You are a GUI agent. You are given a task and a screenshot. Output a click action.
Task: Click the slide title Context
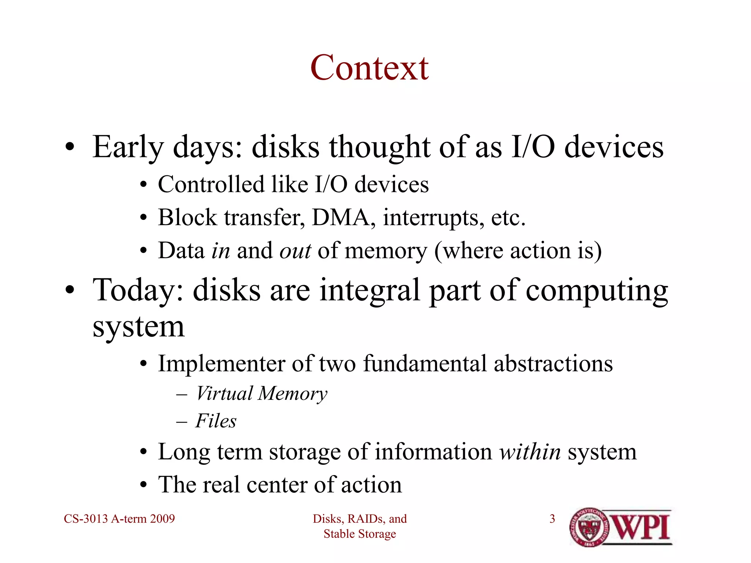pyautogui.click(x=369, y=68)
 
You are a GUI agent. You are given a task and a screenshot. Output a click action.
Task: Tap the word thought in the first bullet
pyautogui.click(x=379, y=147)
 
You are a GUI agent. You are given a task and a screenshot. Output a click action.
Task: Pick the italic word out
pyautogui.click(x=295, y=251)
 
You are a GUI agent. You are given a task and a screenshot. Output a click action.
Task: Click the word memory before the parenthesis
pyautogui.click(x=386, y=251)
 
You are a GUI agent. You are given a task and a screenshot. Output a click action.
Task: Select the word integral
pyautogui.click(x=370, y=290)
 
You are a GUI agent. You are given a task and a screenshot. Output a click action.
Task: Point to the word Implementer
pyautogui.click(x=221, y=364)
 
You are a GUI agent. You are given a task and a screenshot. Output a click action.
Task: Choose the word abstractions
pyautogui.click(x=553, y=364)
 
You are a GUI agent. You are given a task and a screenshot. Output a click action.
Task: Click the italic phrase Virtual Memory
pyautogui.click(x=261, y=394)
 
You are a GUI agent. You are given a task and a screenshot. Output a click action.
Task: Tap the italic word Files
pyautogui.click(x=216, y=421)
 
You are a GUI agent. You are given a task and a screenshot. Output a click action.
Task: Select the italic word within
pyautogui.click(x=530, y=452)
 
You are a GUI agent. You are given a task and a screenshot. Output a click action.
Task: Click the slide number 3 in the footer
pyautogui.click(x=552, y=519)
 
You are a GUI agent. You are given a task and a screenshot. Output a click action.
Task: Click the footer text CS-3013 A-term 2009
pyautogui.click(x=119, y=519)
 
